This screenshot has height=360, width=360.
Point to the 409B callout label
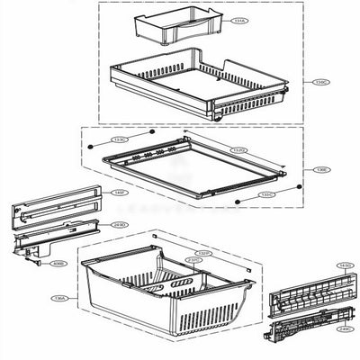[x=58, y=264]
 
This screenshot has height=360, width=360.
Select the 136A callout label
[x=59, y=299]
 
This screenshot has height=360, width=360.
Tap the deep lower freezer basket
[x=162, y=301]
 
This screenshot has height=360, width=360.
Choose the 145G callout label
[x=344, y=265]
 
